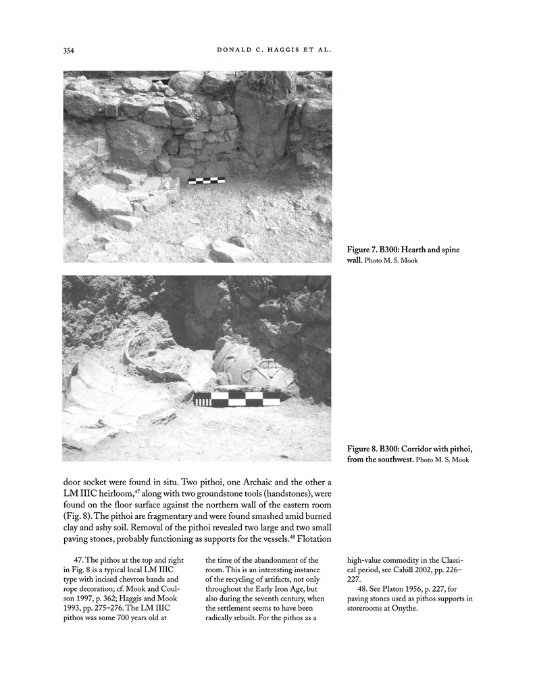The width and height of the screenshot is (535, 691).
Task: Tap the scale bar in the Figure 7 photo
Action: click(207, 180)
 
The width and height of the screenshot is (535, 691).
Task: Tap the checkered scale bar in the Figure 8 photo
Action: click(236, 399)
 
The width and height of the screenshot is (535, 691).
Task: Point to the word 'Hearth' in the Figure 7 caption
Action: click(422, 250)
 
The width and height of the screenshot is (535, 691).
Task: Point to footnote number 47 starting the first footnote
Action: click(77, 559)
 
